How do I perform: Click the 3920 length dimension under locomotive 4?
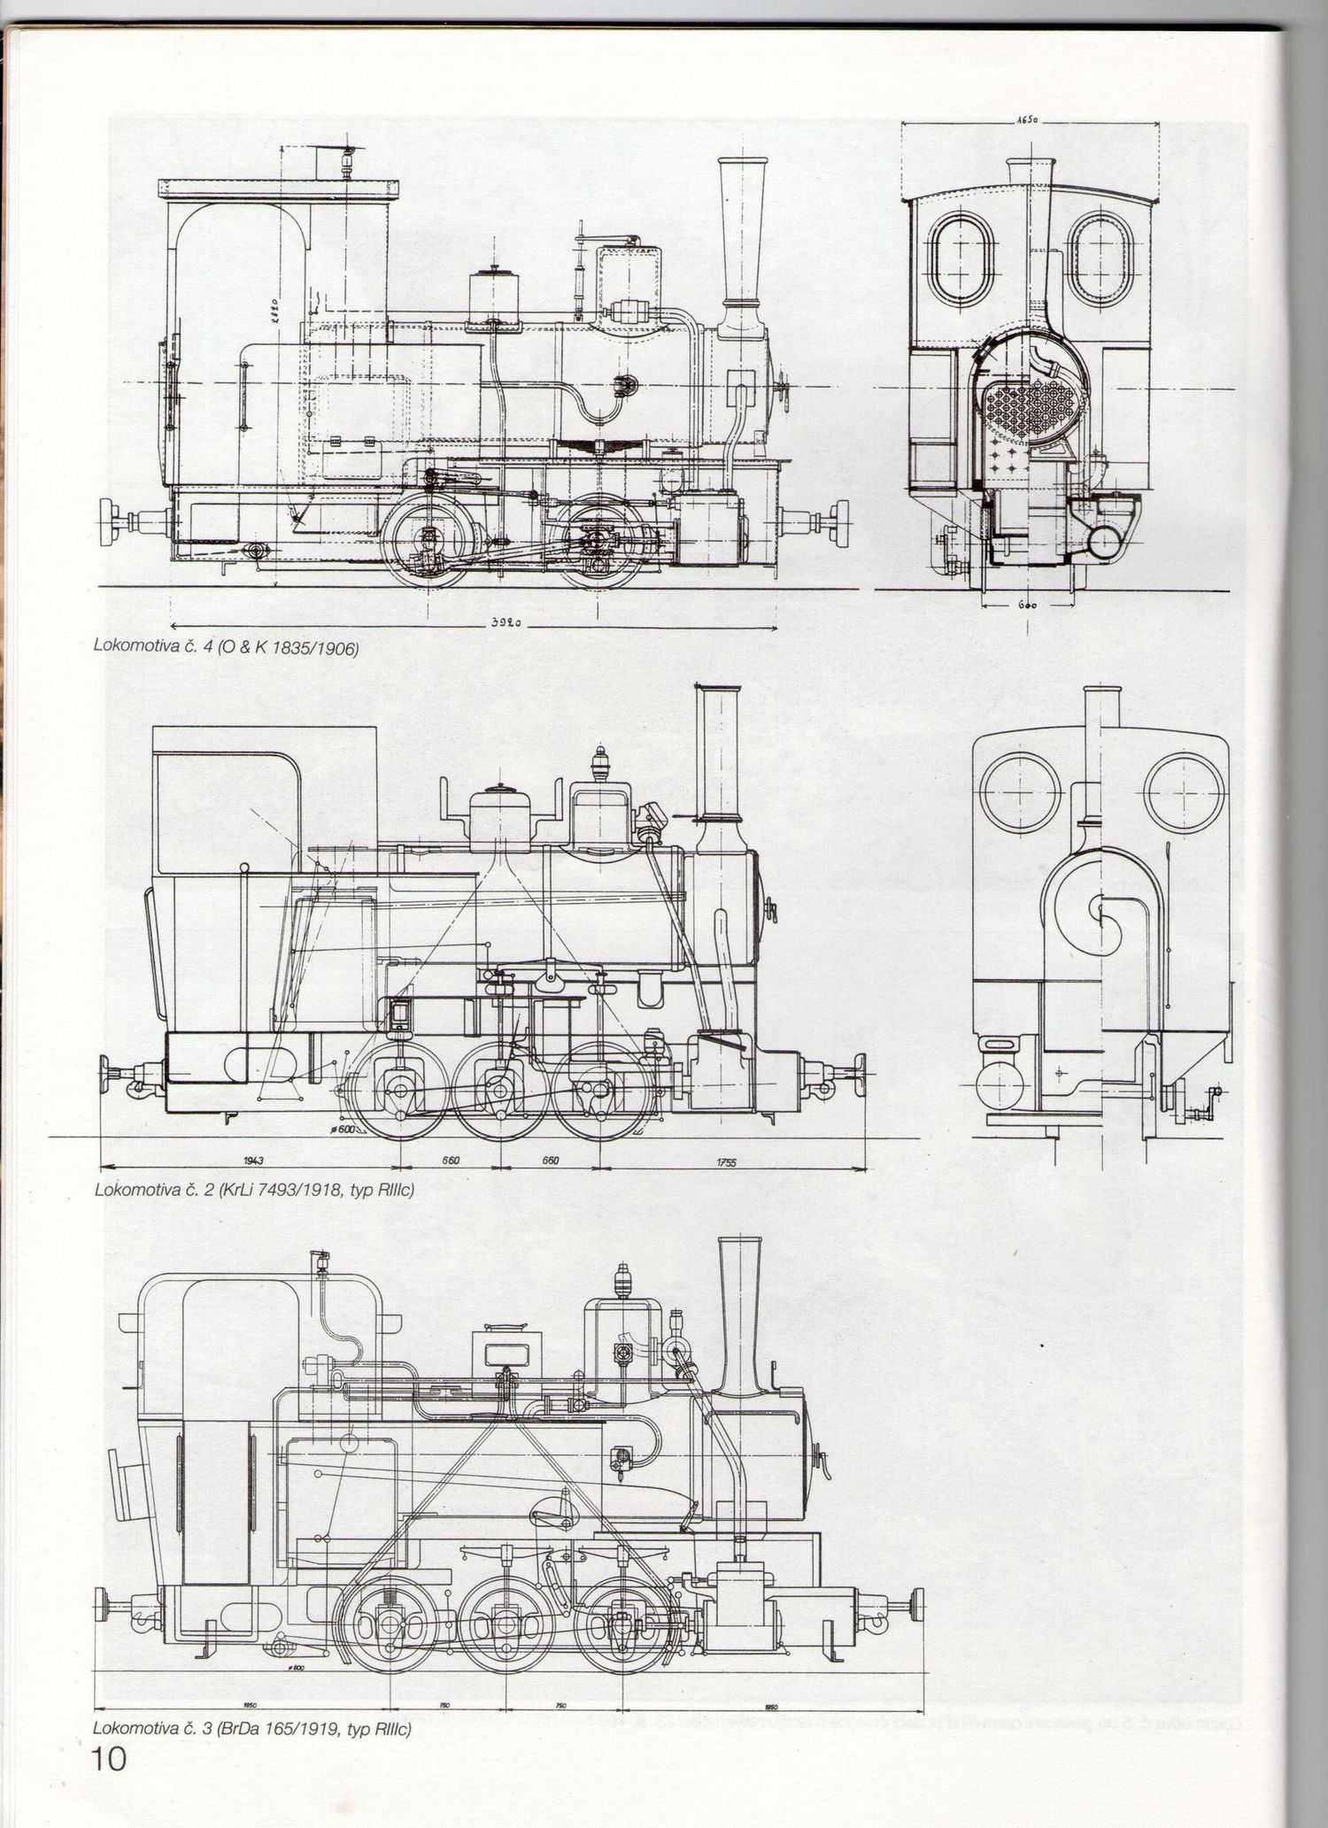click(x=503, y=624)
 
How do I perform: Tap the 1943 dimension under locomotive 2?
click(x=252, y=1161)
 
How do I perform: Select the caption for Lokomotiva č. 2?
click(x=255, y=1190)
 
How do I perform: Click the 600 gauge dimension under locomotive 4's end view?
click(x=1027, y=606)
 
